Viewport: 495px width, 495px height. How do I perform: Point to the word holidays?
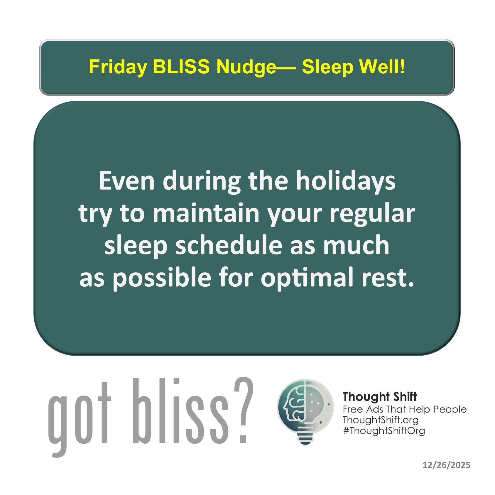[x=346, y=181]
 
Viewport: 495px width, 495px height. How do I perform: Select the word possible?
[x=162, y=278]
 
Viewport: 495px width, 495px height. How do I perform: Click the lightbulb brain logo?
[x=305, y=411]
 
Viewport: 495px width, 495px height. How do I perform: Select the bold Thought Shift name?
[x=380, y=397]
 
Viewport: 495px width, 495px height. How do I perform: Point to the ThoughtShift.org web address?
[x=381, y=420]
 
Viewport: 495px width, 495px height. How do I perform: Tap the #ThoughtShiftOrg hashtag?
[x=384, y=430]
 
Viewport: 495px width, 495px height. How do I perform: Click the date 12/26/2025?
[x=447, y=465]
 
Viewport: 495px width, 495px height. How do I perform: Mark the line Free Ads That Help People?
[x=405, y=409]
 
